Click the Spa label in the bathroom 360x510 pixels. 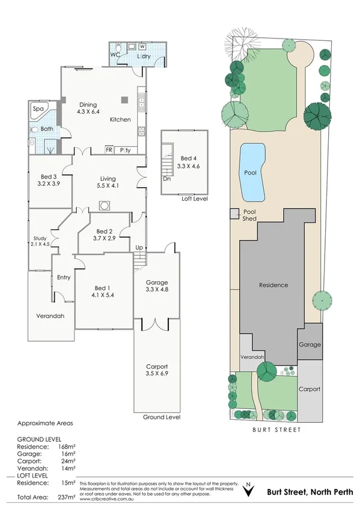38,109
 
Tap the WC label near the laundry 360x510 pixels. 116,55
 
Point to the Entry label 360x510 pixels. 64,277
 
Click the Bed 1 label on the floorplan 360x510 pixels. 103,287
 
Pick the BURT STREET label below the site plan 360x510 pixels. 276,430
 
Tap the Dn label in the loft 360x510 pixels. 166,179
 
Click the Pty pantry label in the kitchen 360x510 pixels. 126,150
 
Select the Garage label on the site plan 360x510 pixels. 310,345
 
